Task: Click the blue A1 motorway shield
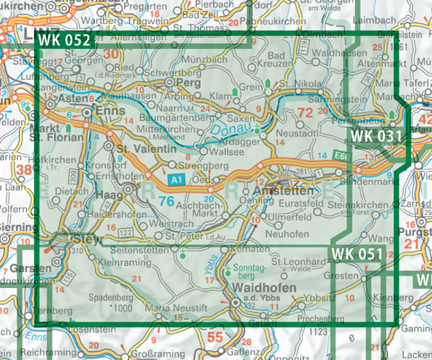tap(176, 178)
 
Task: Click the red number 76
tap(166, 202)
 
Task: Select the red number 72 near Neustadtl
tap(305, 112)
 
